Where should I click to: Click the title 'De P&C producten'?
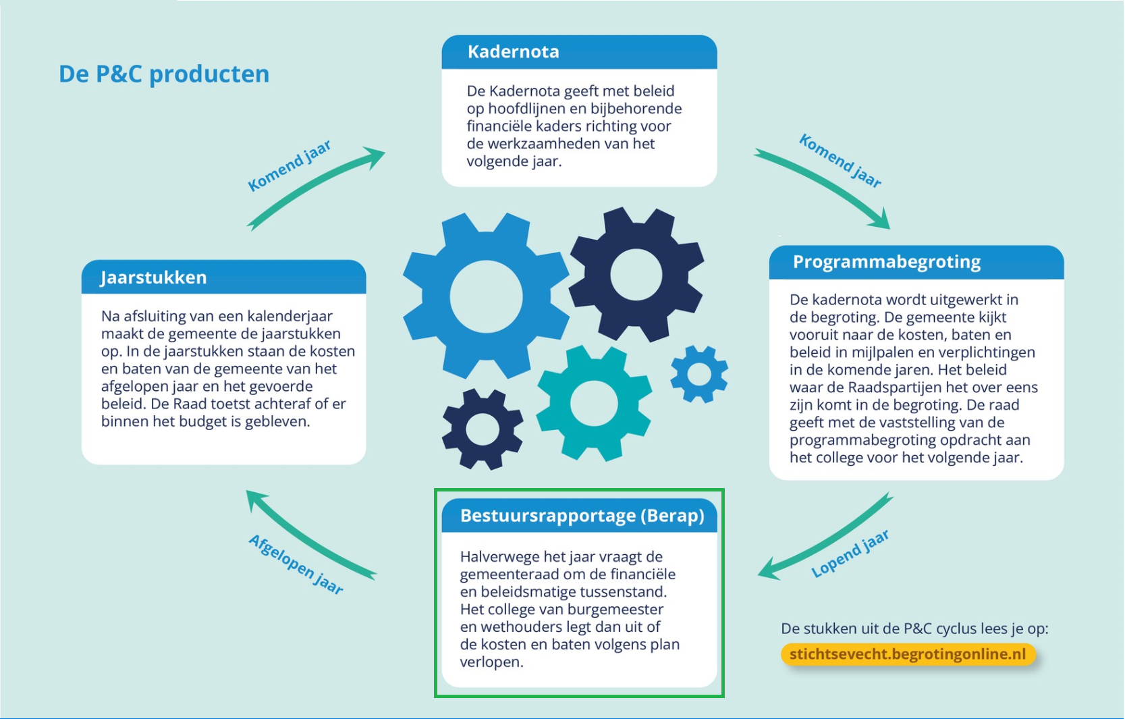(164, 74)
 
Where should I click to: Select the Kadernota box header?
(579, 52)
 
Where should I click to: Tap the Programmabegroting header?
(916, 262)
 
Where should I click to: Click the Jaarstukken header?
(223, 277)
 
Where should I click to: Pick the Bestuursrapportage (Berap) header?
(579, 516)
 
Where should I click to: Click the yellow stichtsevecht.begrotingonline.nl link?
(908, 654)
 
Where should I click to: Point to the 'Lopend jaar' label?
(850, 553)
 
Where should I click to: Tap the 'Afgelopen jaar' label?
(296, 564)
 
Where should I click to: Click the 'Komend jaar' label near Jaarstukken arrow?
(290, 165)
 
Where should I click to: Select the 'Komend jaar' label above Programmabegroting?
(840, 161)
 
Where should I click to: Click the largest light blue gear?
(486, 296)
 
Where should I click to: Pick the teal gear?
(594, 404)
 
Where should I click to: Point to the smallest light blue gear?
(699, 374)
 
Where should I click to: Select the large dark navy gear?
(636, 274)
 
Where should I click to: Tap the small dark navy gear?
(483, 429)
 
